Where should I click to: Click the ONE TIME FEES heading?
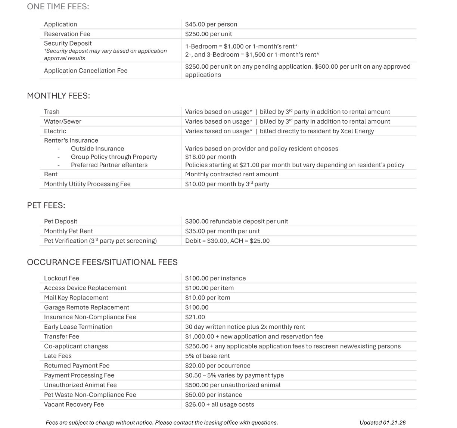click(x=58, y=7)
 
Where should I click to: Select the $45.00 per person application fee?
click(x=211, y=24)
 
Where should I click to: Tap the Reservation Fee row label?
click(x=67, y=34)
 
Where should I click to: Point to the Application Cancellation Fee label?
click(x=86, y=71)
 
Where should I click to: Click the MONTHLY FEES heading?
click(x=58, y=96)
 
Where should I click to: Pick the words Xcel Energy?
click(x=357, y=131)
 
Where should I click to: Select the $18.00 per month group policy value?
click(x=211, y=157)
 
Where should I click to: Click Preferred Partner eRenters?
click(x=109, y=165)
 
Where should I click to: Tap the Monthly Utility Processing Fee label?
click(x=87, y=184)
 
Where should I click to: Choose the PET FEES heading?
click(x=46, y=205)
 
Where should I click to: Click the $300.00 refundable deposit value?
click(x=236, y=221)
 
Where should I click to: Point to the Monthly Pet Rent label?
click(x=68, y=231)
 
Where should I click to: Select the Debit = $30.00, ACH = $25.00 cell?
click(x=227, y=241)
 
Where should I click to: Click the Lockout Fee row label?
click(x=61, y=278)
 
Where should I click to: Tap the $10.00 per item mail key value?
click(x=208, y=298)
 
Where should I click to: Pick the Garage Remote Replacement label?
click(x=86, y=307)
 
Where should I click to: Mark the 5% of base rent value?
click(x=207, y=356)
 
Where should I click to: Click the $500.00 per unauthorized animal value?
click(x=233, y=385)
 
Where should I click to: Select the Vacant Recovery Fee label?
click(x=74, y=404)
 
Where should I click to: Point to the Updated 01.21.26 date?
click(x=382, y=423)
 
